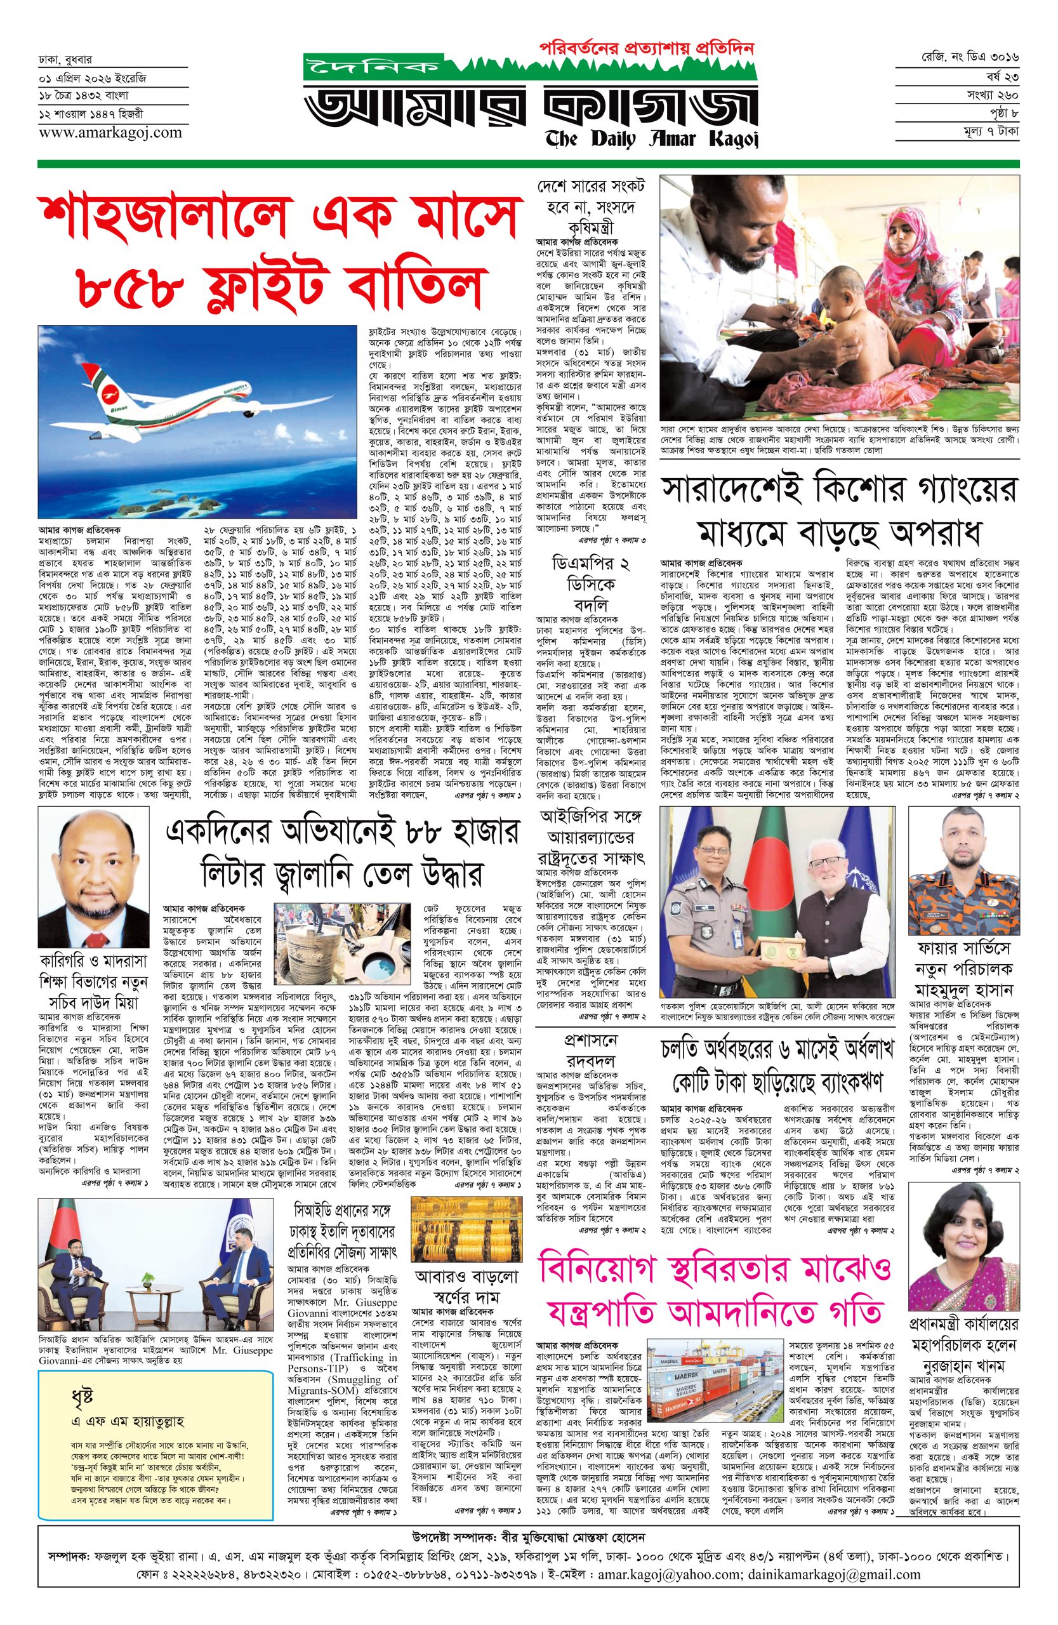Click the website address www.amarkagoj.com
point(110,133)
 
